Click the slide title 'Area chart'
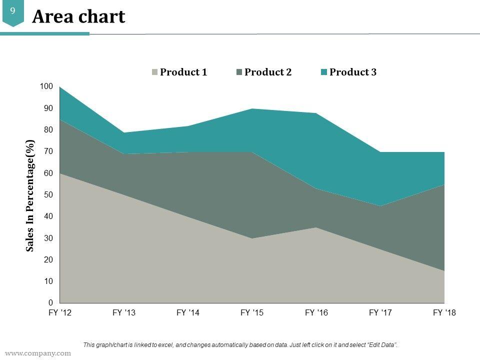[78, 17]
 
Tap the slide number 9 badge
[12, 10]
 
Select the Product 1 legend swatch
[155, 72]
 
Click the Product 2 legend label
[268, 72]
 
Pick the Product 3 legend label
[353, 72]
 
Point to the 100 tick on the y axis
[46, 86]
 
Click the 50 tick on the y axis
[48, 195]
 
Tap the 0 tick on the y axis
[50, 303]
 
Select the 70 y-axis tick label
[48, 151]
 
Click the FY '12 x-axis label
[60, 313]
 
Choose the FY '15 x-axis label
[252, 313]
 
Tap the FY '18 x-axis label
[444, 313]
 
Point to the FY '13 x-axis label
[124, 313]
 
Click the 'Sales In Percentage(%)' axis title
[30, 195]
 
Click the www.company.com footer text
[38, 353]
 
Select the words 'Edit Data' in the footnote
[382, 345]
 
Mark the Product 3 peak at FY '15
[252, 109]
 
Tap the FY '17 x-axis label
[380, 313]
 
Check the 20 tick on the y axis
[48, 260]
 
